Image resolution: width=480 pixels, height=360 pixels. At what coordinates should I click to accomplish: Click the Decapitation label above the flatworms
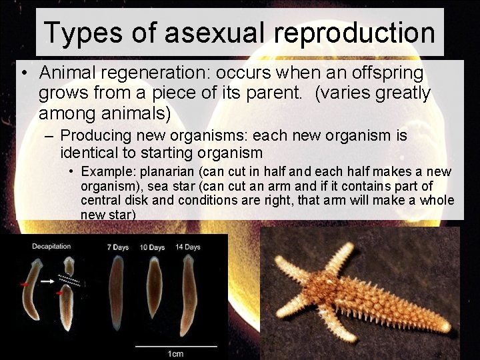tap(51, 247)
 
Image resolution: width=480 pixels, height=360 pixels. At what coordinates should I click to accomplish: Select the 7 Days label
tap(118, 247)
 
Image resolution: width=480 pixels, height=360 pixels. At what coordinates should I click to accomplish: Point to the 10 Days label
tap(152, 247)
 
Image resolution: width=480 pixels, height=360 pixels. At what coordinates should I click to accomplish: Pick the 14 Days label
tap(188, 247)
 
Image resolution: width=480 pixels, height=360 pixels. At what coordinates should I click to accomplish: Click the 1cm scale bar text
tap(175, 353)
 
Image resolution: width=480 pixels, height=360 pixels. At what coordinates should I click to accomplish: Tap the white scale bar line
tap(176, 346)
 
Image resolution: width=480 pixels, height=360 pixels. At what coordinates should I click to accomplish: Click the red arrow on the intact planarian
tap(25, 285)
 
